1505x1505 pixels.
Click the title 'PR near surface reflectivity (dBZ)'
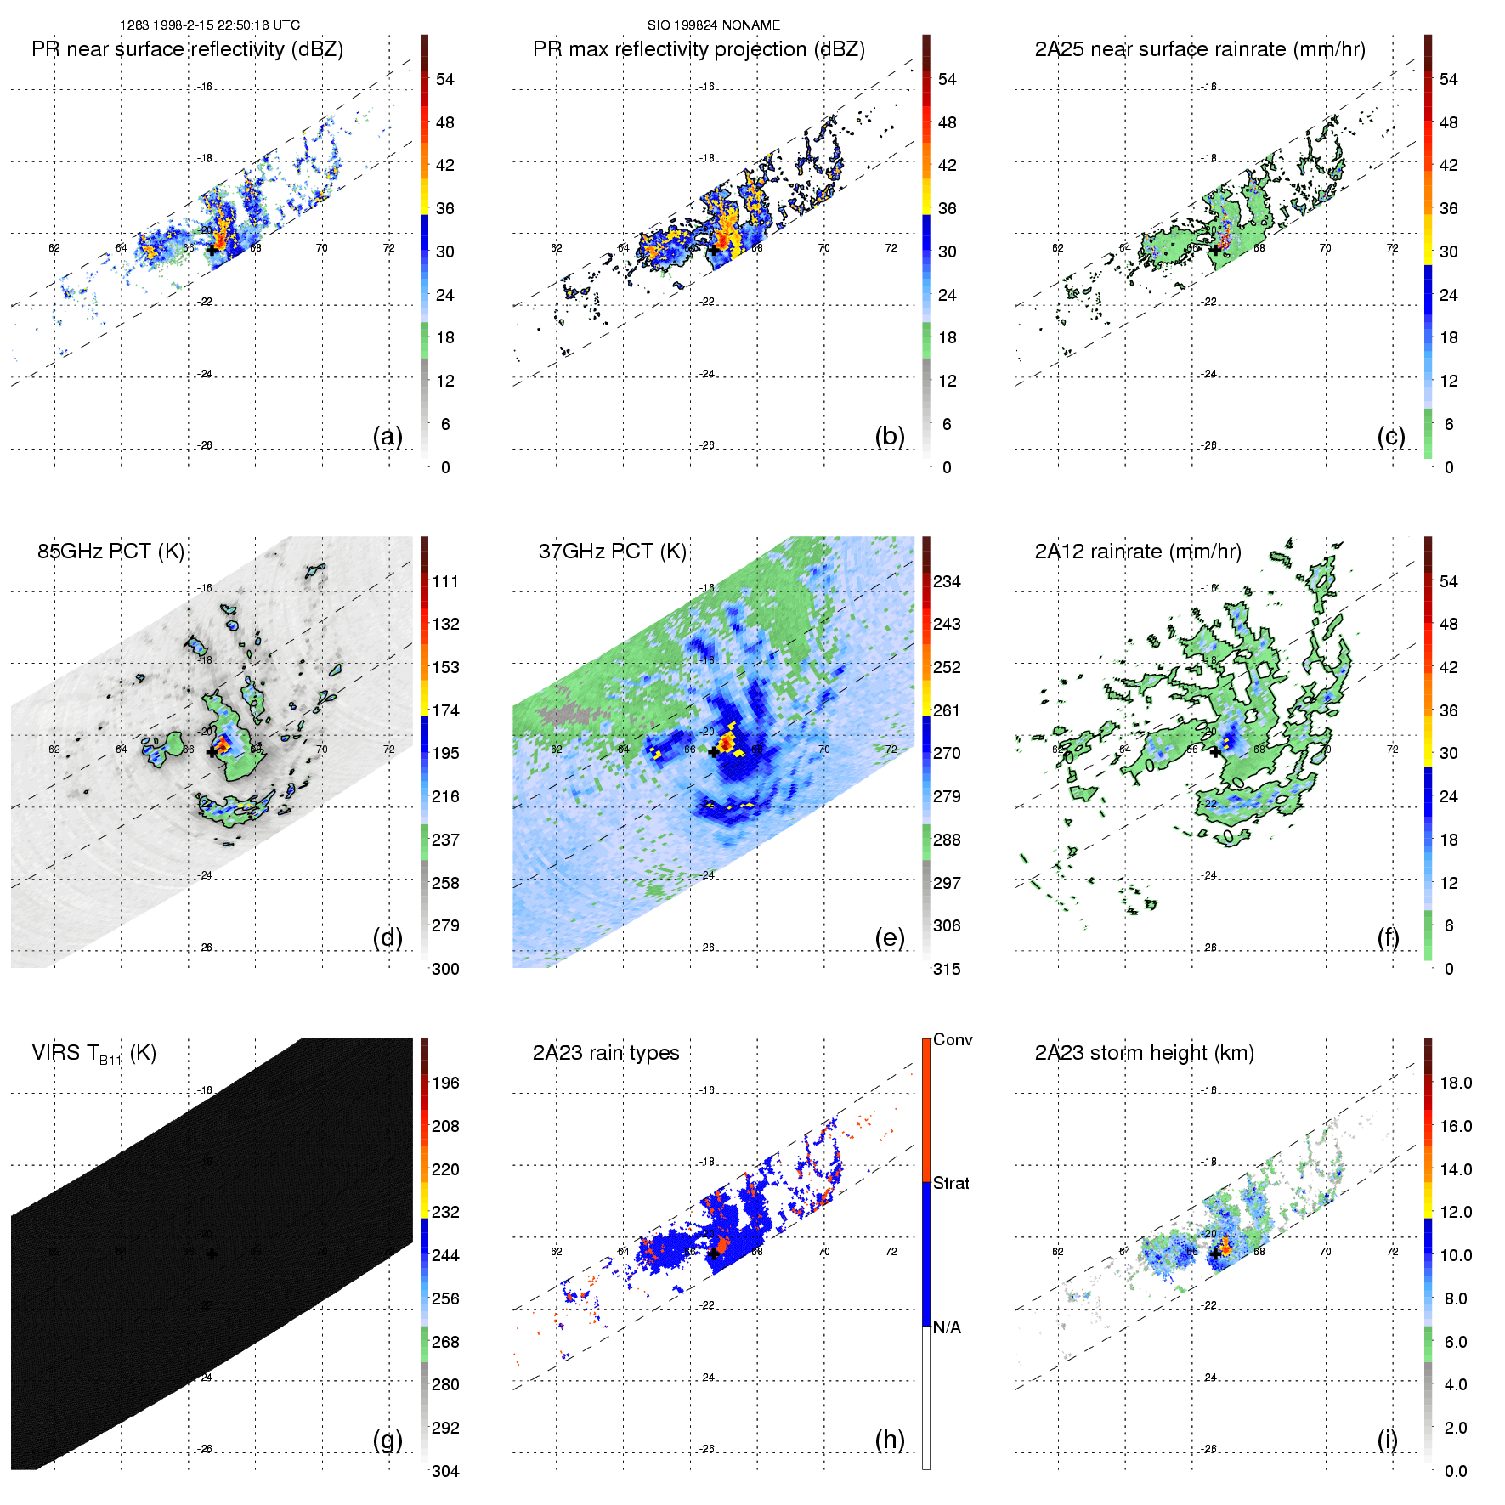pos(187,49)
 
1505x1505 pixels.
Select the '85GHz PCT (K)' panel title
pos(110,552)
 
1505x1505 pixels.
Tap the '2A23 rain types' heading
pos(606,1053)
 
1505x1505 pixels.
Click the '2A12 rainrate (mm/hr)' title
pos(1138,552)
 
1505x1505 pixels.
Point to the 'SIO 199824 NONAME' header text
pos(714,25)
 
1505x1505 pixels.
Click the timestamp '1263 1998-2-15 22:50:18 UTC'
pos(210,25)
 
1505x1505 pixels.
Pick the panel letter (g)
pos(388,1440)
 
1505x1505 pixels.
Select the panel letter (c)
pos(1391,436)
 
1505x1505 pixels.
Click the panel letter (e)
pos(890,938)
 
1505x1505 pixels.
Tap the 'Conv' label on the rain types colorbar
pos(953,1040)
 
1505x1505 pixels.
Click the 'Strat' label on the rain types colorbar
pos(951,1184)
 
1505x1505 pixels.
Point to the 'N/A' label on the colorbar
pos(947,1327)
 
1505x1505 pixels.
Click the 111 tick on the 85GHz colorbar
pos(445,582)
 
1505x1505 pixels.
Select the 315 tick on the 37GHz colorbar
pos(947,969)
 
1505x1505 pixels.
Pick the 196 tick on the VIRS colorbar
pos(445,1083)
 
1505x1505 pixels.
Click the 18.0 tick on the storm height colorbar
pos(1456,1083)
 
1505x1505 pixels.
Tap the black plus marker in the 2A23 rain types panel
pos(714,1253)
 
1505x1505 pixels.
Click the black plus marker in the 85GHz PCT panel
pos(212,752)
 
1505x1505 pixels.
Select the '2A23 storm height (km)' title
pos(1144,1053)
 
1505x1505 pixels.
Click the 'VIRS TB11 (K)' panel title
pos(93,1054)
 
